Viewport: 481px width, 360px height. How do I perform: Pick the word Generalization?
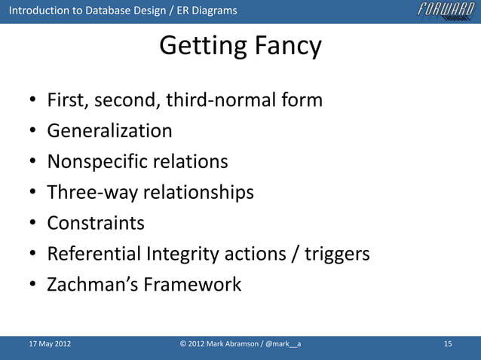(109, 131)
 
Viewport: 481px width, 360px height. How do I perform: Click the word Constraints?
(96, 224)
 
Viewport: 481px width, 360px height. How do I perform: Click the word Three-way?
(92, 193)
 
